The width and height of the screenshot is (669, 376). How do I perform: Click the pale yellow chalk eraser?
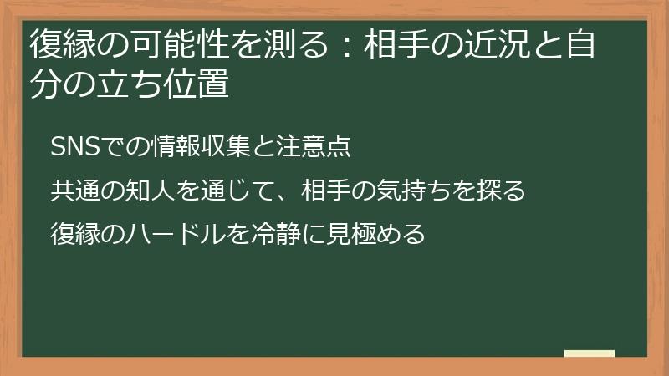click(589, 353)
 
